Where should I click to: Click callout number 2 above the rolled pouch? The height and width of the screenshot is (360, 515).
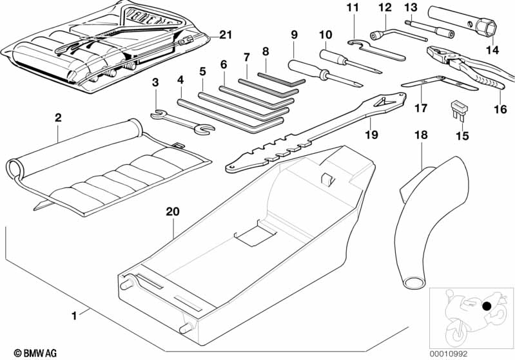click(58, 118)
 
